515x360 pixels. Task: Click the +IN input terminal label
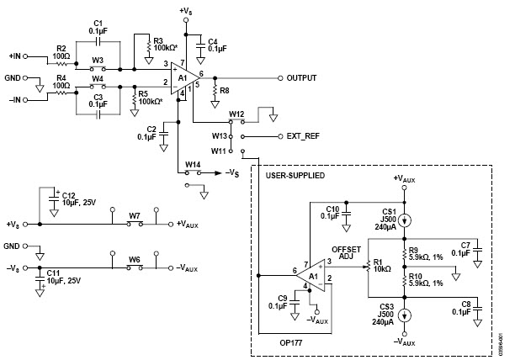point(15,57)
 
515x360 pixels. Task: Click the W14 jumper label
point(193,164)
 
